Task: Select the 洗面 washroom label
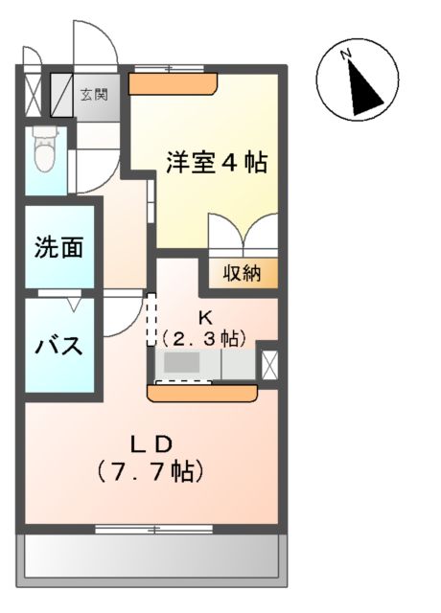(x=59, y=248)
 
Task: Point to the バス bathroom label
(x=59, y=345)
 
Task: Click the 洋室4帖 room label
(x=216, y=163)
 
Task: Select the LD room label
(x=151, y=443)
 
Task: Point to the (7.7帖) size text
(x=151, y=471)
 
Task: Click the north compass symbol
(x=360, y=83)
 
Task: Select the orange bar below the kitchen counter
(x=202, y=391)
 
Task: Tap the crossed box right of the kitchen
(x=267, y=365)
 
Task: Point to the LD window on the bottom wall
(x=153, y=527)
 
